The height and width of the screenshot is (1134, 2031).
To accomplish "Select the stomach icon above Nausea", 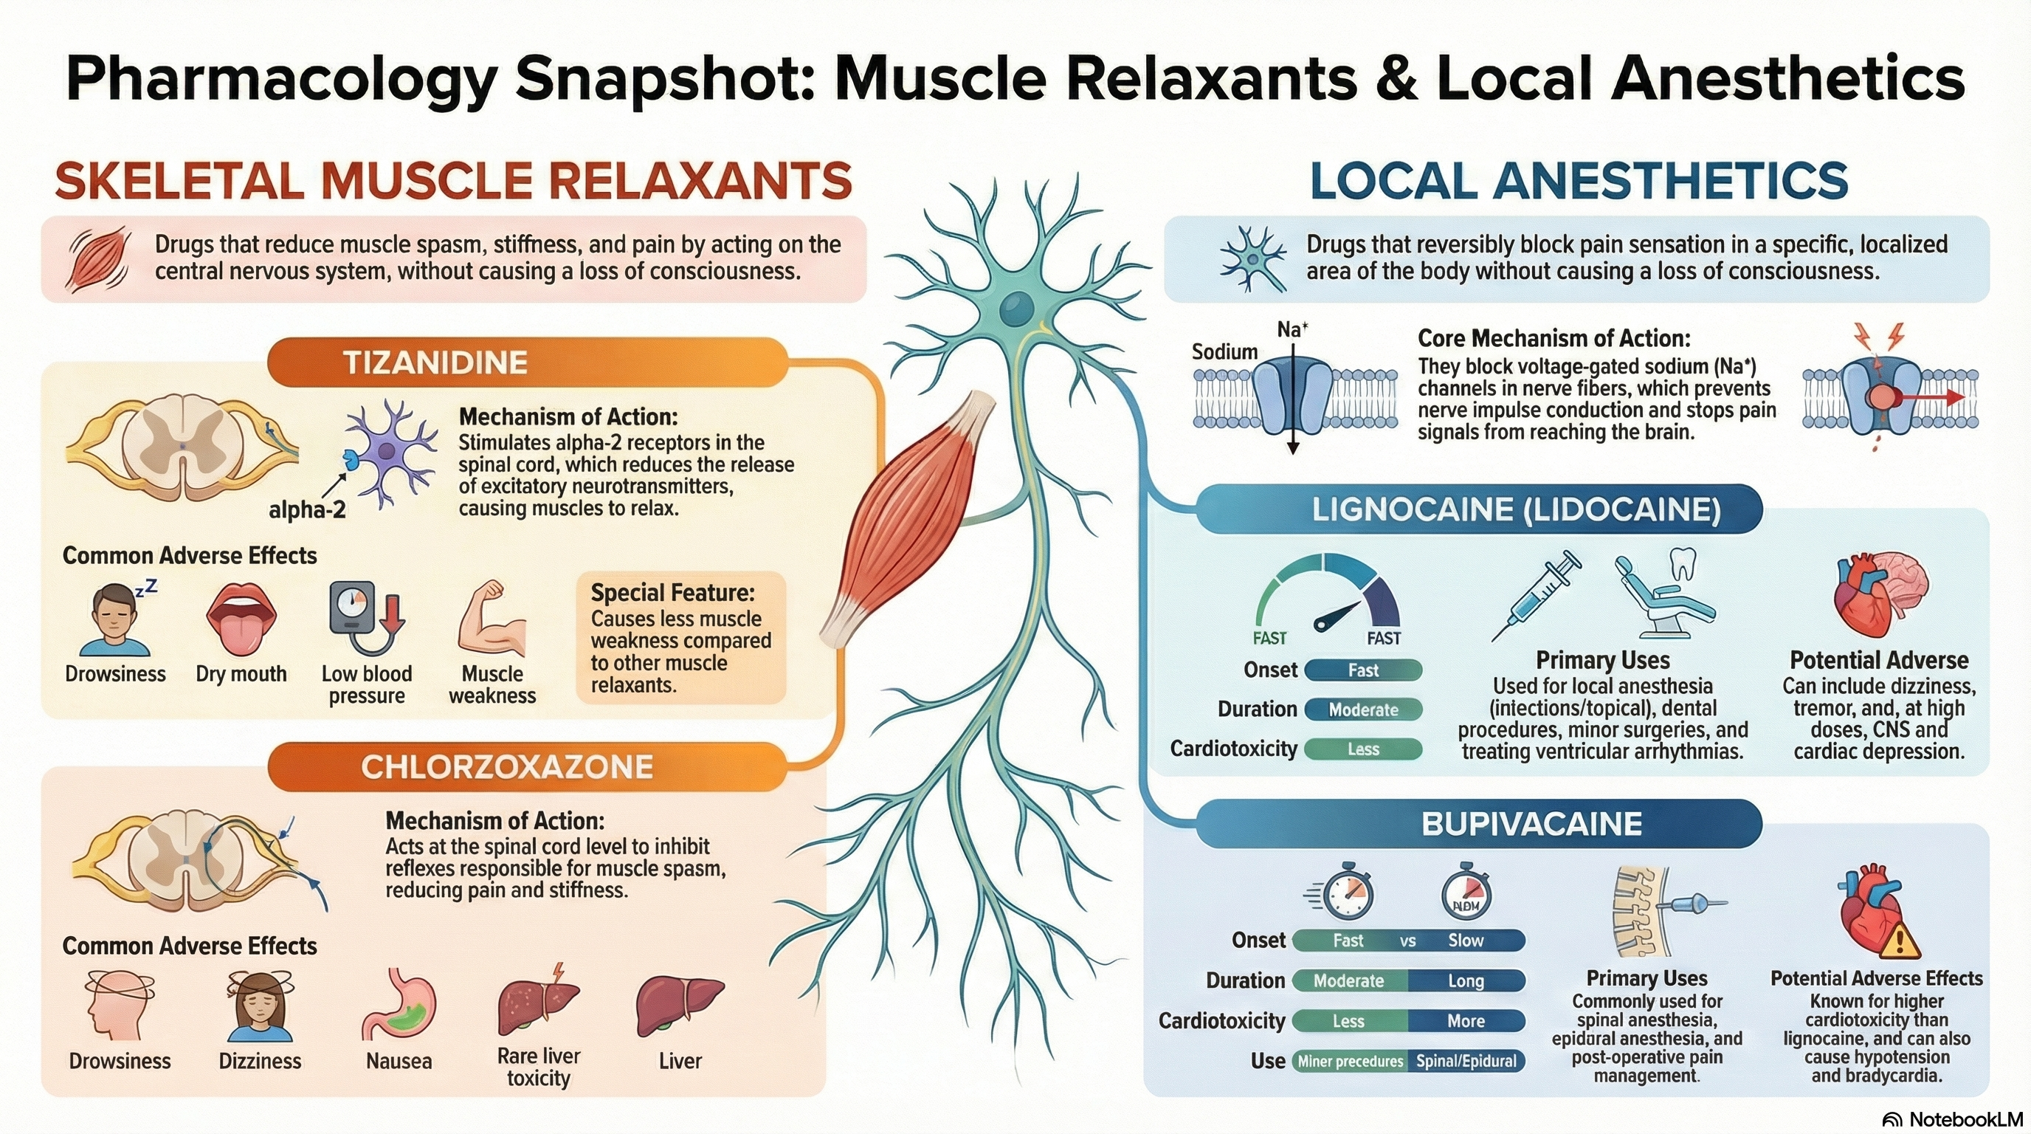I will tap(399, 1005).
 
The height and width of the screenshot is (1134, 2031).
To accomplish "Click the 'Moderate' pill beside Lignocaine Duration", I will tap(1363, 709).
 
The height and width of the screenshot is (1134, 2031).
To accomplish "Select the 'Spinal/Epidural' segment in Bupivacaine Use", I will tap(1466, 1062).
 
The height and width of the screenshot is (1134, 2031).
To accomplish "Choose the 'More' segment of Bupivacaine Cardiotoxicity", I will tap(1466, 1021).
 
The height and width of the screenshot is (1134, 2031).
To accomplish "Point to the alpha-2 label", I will tap(308, 510).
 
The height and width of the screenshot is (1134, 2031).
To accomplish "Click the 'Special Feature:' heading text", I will tap(672, 592).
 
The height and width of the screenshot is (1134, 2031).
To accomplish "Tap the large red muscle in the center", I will tap(907, 520).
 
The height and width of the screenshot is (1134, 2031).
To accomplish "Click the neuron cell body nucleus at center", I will tap(1017, 309).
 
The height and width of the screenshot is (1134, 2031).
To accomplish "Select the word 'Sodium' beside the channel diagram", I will tap(1224, 351).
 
